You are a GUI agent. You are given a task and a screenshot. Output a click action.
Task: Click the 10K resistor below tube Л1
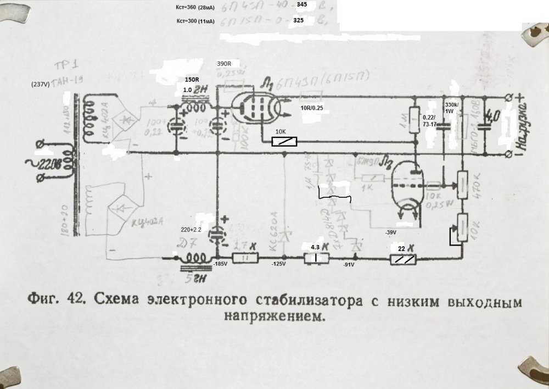click(285, 142)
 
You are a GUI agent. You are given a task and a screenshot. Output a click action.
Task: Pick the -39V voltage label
click(391, 232)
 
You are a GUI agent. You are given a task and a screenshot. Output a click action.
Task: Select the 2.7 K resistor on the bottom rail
click(244, 257)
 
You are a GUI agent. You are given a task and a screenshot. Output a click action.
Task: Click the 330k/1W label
click(450, 108)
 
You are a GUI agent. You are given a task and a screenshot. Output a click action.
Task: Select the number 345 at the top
click(301, 4)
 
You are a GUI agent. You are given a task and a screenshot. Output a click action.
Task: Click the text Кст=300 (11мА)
click(194, 21)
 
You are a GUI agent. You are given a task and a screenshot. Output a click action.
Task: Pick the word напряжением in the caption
click(271, 316)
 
